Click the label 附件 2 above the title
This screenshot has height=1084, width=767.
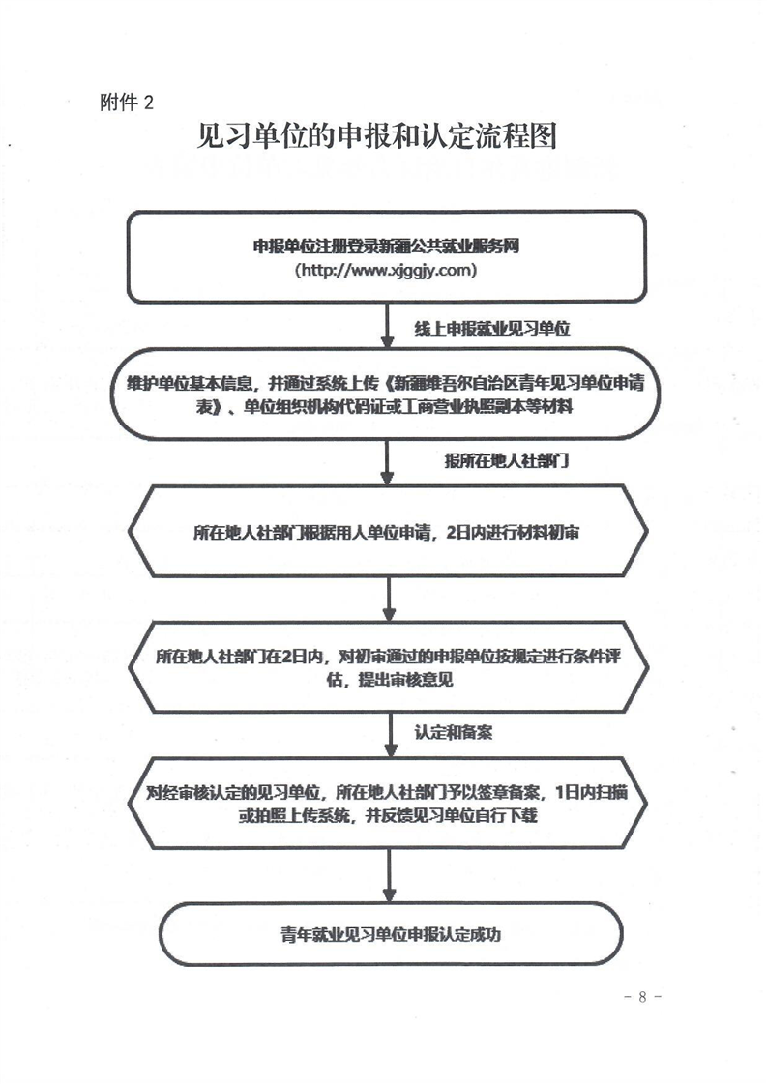tap(127, 103)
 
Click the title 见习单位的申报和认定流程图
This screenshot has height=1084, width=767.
tap(377, 136)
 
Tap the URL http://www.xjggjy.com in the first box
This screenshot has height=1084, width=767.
tap(386, 270)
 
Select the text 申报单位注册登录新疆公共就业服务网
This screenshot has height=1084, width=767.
tap(386, 247)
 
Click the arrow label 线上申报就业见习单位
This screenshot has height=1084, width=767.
tap(491, 329)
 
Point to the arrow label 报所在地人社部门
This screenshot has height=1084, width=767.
tap(506, 460)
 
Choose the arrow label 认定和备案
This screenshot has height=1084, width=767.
tap(453, 732)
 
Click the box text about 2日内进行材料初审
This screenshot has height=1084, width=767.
tap(387, 532)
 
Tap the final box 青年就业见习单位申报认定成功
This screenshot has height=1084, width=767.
tap(391, 935)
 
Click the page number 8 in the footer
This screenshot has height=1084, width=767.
tap(642, 997)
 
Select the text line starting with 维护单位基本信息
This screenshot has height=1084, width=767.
tap(385, 383)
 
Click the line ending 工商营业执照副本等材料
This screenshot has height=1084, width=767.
tap(385, 406)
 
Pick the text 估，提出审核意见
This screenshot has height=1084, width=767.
tap(390, 680)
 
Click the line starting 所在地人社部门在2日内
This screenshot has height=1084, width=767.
tap(388, 656)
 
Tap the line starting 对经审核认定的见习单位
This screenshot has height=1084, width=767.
tap(387, 792)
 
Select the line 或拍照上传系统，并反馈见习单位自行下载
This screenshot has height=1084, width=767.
tap(388, 816)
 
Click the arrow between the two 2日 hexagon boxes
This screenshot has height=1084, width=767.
tap(390, 599)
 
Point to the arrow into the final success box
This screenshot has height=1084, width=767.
tap(390, 875)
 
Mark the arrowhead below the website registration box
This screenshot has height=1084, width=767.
tap(387, 340)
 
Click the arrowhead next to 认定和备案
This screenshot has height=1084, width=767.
tap(391, 750)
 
